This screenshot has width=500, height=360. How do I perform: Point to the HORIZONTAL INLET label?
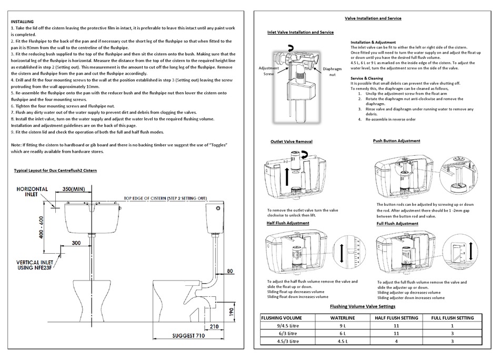coord(33,192)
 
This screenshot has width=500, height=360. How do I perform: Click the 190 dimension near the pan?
coord(231,311)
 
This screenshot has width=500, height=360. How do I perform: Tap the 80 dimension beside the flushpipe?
coord(229,272)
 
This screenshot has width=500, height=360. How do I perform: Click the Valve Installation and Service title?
coord(373,18)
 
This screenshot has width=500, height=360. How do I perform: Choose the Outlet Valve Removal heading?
coord(291,142)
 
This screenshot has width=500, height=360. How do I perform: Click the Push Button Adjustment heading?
coord(396,141)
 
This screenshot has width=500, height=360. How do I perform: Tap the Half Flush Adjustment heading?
coord(287,224)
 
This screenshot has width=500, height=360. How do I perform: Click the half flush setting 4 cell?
coord(396,341)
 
